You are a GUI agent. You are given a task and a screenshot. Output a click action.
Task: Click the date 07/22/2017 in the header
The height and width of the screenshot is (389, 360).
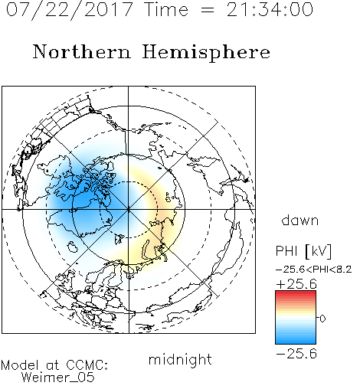click(70, 10)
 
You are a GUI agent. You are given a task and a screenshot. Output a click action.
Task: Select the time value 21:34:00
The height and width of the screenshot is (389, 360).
click(270, 9)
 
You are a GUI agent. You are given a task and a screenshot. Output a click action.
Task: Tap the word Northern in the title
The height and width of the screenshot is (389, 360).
click(82, 52)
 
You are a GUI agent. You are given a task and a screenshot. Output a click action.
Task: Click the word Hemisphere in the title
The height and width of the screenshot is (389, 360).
click(206, 53)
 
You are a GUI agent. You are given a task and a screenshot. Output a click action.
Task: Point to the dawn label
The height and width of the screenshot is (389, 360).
click(300, 220)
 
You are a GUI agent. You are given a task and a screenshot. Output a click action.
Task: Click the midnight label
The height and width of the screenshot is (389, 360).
click(180, 359)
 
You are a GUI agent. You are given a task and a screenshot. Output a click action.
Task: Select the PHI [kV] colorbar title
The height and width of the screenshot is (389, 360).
click(303, 251)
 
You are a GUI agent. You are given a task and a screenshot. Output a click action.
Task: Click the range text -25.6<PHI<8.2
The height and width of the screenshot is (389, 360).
click(314, 270)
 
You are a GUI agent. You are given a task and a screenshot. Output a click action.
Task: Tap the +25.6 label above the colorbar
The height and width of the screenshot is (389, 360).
click(296, 284)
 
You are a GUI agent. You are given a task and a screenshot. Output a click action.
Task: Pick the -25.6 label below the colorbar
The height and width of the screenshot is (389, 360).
click(296, 354)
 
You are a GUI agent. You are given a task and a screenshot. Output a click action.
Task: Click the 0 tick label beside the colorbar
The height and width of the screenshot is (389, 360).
click(322, 319)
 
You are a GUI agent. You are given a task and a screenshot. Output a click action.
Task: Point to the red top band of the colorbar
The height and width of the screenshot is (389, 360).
click(296, 293)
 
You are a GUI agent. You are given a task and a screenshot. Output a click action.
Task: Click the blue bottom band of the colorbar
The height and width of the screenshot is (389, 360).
click(296, 342)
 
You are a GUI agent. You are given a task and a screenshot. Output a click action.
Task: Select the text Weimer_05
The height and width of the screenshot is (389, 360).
click(58, 378)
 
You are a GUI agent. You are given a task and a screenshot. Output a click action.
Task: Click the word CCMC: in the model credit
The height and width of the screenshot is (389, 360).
click(87, 365)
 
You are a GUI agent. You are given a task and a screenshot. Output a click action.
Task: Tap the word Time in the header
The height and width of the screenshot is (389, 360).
click(166, 9)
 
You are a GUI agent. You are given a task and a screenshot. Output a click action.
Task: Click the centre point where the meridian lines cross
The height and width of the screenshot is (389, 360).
click(129, 210)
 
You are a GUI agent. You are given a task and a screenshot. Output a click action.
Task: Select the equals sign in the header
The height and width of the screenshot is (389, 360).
click(208, 10)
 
